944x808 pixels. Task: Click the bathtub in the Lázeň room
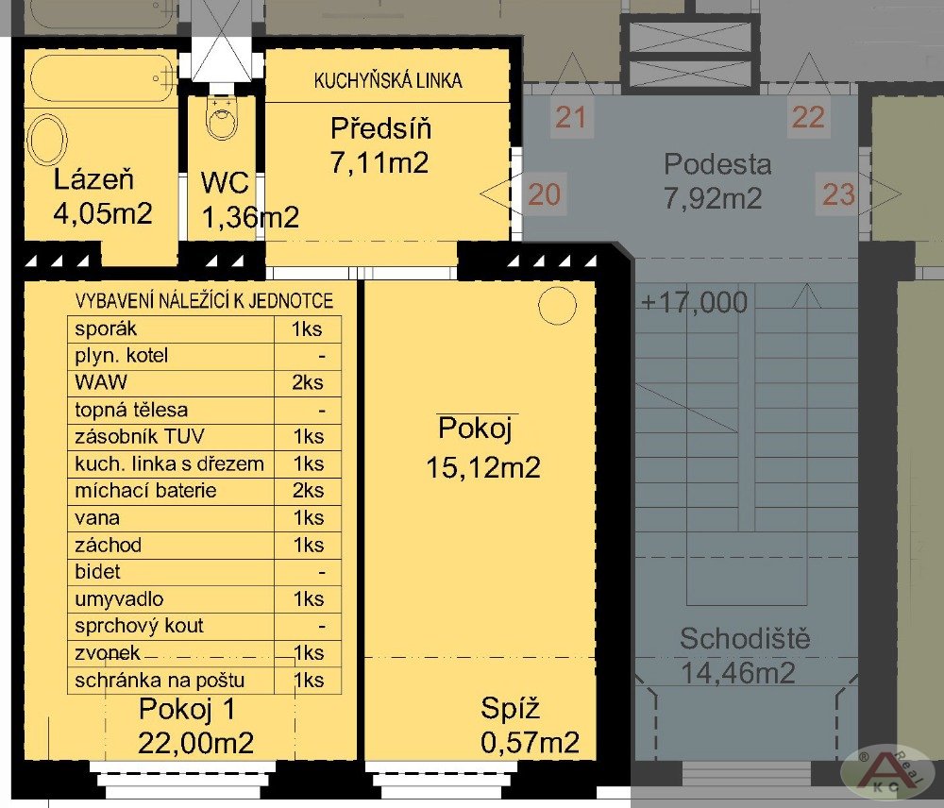pos(102,79)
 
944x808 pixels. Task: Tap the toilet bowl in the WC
pos(222,117)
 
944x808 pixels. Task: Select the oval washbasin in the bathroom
pos(47,139)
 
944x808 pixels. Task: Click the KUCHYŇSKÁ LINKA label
pos(388,80)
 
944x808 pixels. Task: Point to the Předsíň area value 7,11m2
pos(379,162)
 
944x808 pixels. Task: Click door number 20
pos(545,194)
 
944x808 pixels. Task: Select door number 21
pos(571,117)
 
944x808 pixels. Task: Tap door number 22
pos(808,117)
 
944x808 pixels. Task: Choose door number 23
pos(838,194)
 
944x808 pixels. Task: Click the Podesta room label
pos(717,163)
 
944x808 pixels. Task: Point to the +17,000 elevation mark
pos(694,302)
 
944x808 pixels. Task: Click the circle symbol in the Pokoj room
pos(557,305)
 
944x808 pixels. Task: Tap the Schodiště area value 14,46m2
pos(738,672)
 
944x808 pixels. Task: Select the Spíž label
pos(510,709)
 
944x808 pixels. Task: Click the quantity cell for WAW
pos(308,382)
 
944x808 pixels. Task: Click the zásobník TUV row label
pos(140,436)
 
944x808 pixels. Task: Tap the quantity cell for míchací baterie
pos(308,491)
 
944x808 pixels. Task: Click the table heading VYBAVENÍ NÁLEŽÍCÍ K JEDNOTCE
pos(204,300)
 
